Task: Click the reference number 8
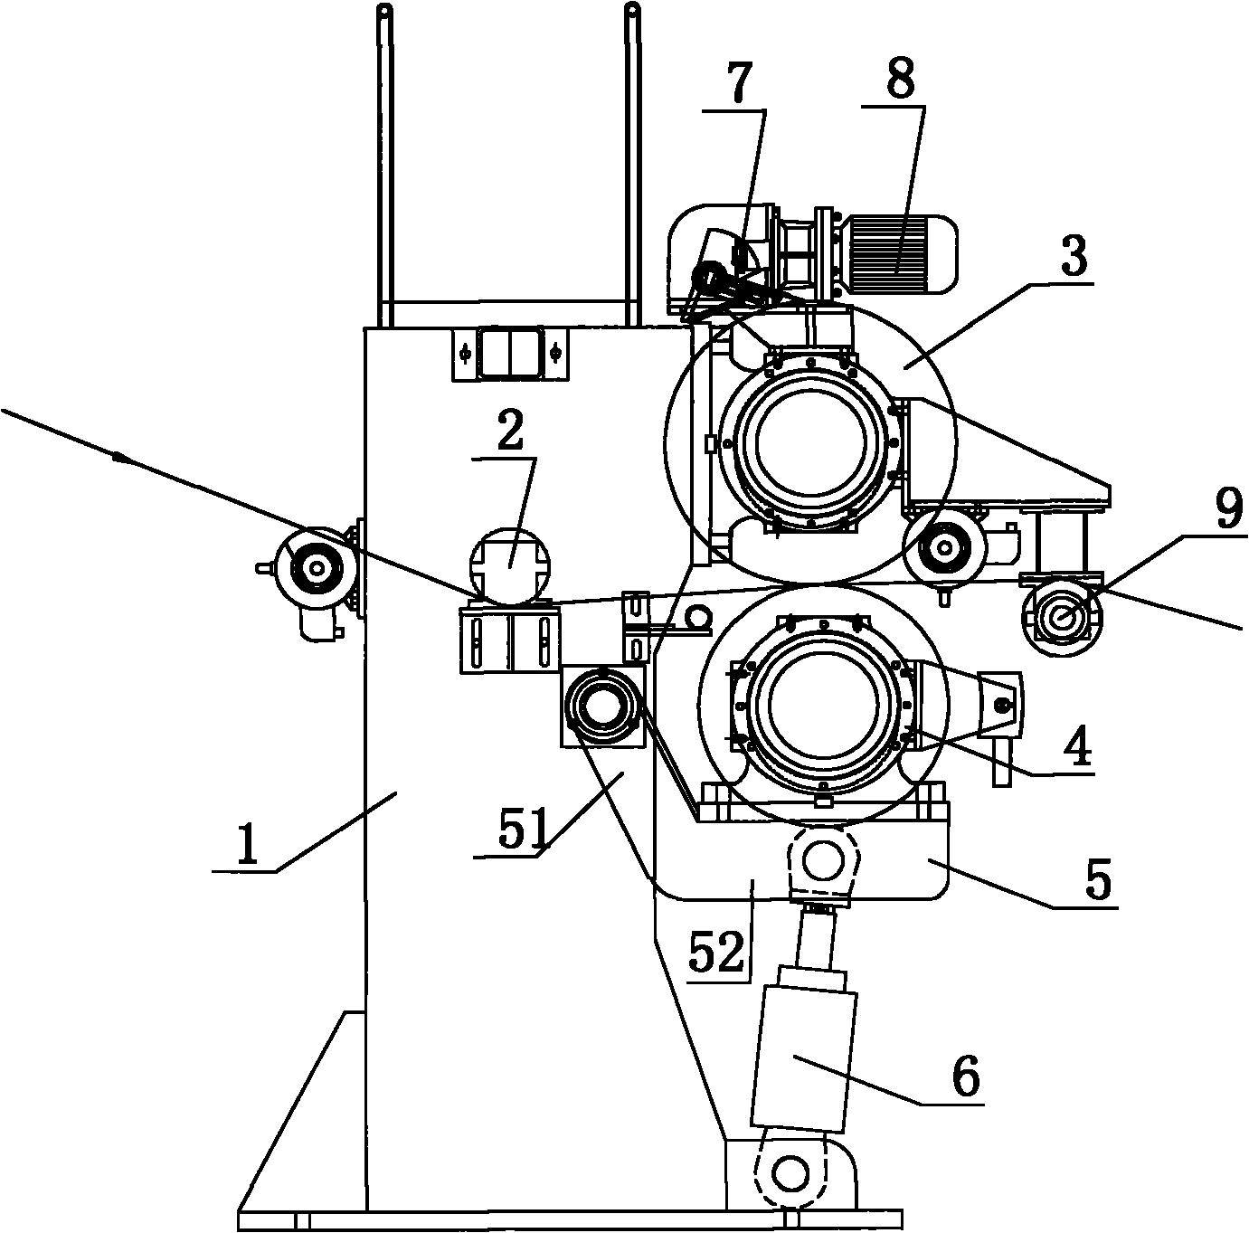coord(901,79)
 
